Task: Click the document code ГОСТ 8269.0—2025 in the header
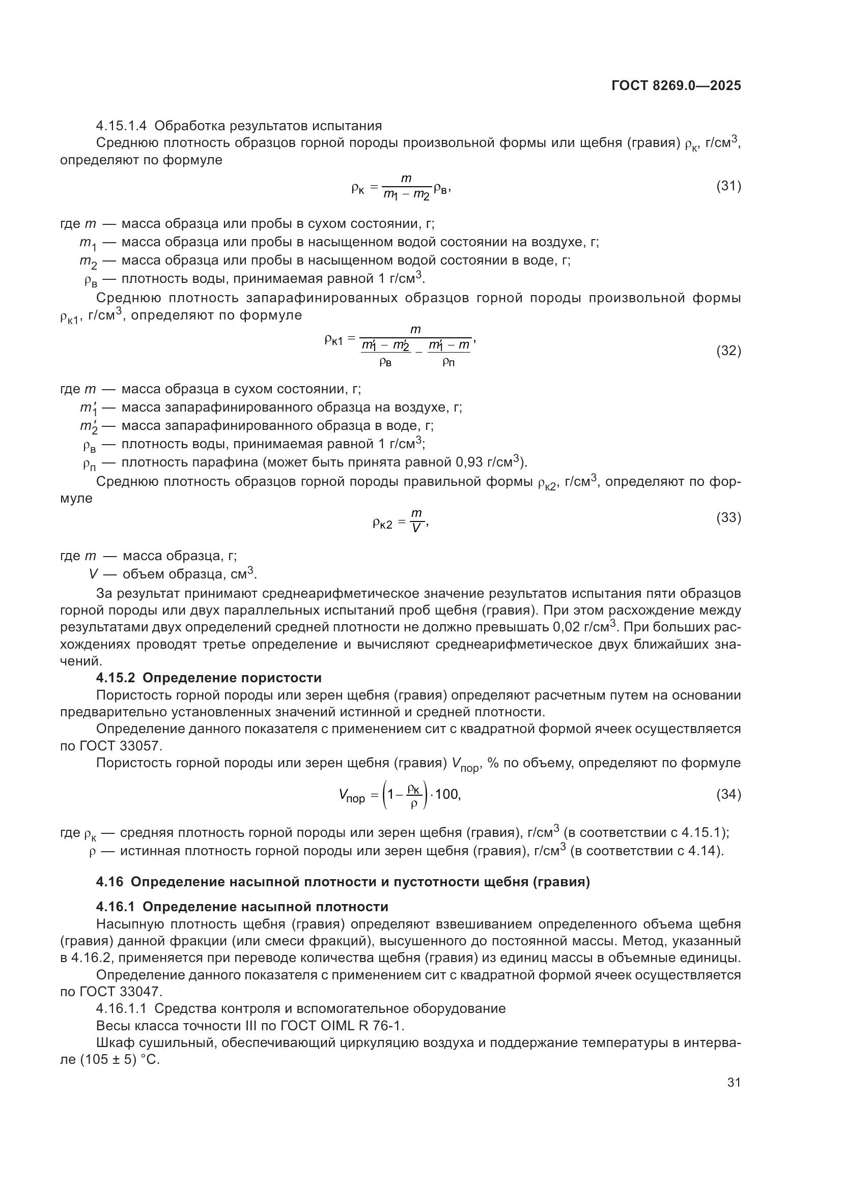pos(676,86)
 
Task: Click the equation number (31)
pos(728,186)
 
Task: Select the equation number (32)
pos(728,351)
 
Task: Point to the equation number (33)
pos(728,517)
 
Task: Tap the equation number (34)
pos(728,794)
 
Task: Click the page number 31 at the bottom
pos(734,1082)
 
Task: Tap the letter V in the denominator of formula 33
pos(415,528)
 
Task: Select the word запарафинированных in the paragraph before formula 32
pos(321,298)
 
